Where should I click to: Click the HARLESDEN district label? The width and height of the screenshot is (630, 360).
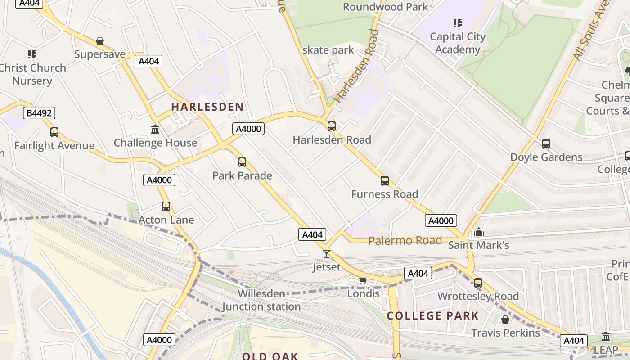[207, 107]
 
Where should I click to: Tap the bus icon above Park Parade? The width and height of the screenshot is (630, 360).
[242, 162]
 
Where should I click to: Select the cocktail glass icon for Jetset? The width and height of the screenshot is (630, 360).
[327, 254]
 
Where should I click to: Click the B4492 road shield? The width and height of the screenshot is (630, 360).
[40, 113]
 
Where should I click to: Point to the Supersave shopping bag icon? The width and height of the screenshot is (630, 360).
[100, 41]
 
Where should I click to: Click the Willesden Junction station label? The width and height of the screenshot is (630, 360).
[261, 300]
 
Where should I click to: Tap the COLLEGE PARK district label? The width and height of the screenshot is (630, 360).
[433, 315]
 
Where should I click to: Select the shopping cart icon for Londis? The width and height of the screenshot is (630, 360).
[363, 281]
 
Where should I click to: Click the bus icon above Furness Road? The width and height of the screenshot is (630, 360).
[385, 181]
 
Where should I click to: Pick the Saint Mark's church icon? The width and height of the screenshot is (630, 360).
[479, 232]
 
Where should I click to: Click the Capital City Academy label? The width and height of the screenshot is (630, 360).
[458, 43]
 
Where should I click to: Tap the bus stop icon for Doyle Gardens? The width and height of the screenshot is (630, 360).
[546, 144]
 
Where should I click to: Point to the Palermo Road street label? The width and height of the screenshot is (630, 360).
[405, 241]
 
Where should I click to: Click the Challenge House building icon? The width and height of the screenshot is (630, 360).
[155, 130]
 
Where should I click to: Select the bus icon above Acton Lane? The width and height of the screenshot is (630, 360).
[166, 207]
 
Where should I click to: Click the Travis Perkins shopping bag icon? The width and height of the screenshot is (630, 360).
[505, 319]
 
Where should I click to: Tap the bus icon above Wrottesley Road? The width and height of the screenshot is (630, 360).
[478, 283]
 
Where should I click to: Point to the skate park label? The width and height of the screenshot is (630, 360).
[328, 50]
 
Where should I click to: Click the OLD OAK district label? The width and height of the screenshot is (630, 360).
[270, 356]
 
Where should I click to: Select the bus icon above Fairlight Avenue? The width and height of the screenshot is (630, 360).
[54, 132]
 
